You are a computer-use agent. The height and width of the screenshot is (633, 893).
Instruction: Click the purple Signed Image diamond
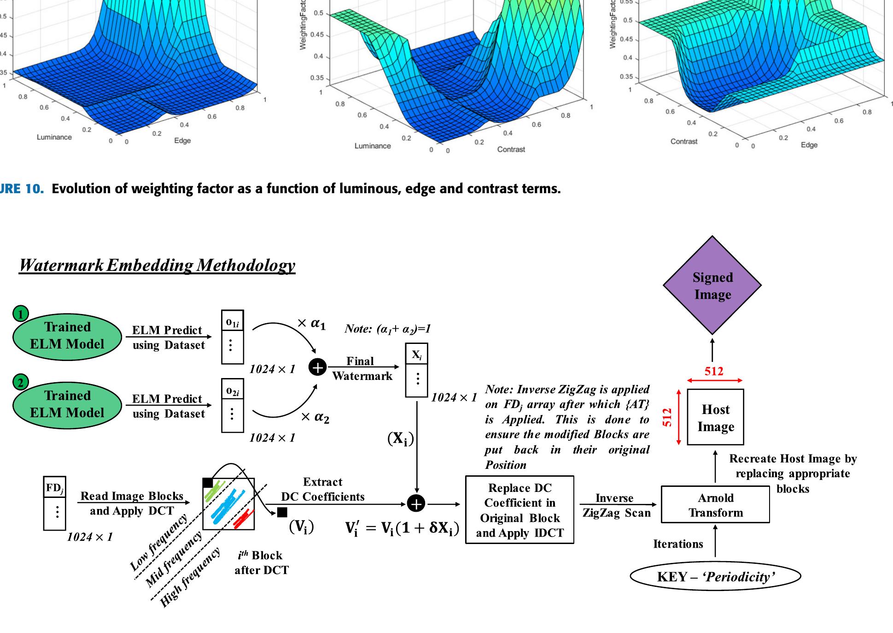click(x=712, y=285)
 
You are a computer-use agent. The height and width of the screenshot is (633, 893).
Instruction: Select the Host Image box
click(x=715, y=417)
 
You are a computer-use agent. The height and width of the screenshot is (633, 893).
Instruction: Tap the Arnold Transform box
click(x=715, y=505)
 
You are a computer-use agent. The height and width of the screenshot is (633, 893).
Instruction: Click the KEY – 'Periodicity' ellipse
click(x=715, y=577)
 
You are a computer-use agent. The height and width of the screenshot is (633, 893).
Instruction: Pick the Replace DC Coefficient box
click(x=519, y=510)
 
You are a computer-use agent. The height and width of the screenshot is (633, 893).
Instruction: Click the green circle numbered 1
click(x=20, y=314)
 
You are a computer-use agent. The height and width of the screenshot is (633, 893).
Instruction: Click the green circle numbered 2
click(x=20, y=382)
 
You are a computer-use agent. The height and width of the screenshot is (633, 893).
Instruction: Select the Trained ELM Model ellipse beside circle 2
click(x=67, y=404)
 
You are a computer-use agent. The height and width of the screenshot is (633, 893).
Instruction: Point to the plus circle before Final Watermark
click(x=317, y=367)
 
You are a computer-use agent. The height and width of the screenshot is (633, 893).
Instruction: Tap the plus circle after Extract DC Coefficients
click(x=416, y=504)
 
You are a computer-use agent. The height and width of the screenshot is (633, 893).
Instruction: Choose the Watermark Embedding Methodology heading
click(x=157, y=265)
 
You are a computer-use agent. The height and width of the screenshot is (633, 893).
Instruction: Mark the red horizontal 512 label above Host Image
click(x=714, y=371)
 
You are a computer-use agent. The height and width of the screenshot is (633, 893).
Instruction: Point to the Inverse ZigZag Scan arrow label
click(x=616, y=505)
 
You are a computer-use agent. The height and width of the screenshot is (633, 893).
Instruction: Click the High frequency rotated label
click(x=190, y=579)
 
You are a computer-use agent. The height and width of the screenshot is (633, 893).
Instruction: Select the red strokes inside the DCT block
click(x=243, y=519)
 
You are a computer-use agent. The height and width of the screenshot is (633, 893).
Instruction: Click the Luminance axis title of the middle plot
click(x=373, y=146)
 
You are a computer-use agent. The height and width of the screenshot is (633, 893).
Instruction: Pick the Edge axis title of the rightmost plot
click(x=809, y=145)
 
